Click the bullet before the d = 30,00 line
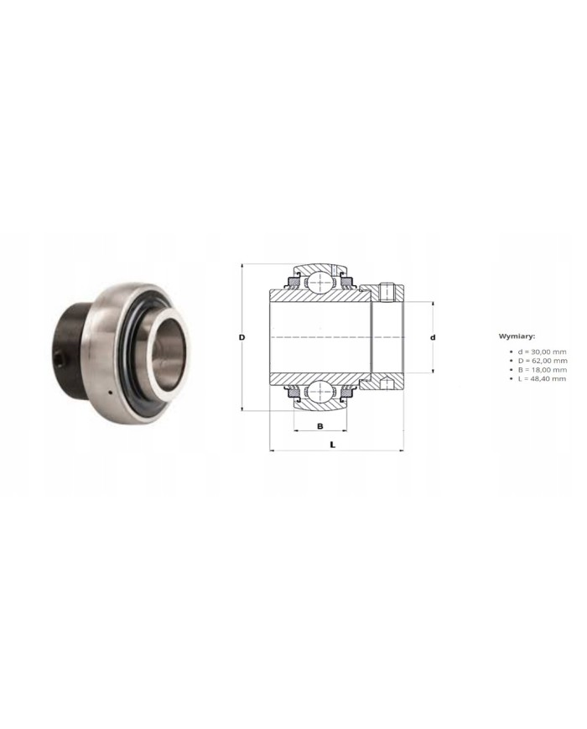510,351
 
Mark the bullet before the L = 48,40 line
510,378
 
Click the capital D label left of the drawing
242,337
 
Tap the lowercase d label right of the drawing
433,337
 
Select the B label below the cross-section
320,426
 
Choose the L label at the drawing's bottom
333,444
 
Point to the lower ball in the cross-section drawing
320,392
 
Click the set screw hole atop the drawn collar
387,291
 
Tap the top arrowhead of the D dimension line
242,267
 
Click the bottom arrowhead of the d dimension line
433,371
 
